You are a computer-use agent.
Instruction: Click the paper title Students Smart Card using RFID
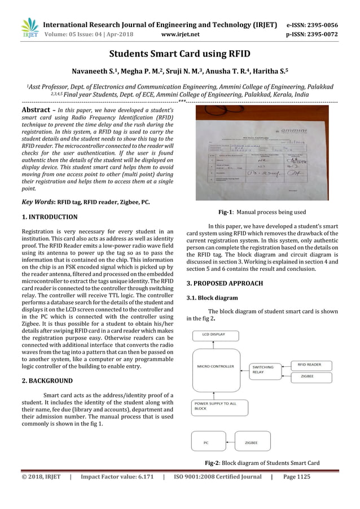click(179, 55)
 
